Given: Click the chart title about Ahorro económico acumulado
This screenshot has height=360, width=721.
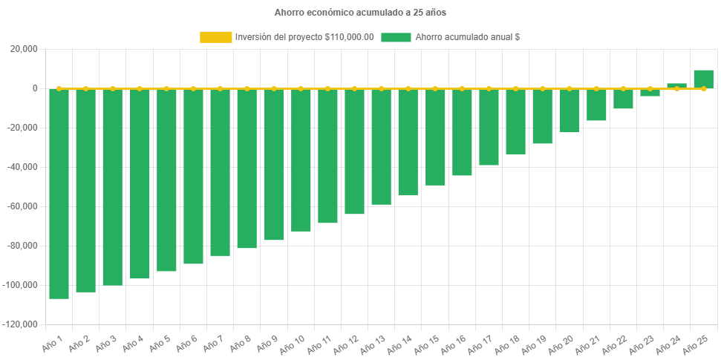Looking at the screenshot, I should coord(360,13).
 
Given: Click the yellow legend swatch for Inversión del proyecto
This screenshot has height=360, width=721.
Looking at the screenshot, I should coord(215,37).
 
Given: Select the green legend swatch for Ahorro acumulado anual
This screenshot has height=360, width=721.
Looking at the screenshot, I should coord(396,37).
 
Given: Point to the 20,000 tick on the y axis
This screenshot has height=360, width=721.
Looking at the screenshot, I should coord(25,49).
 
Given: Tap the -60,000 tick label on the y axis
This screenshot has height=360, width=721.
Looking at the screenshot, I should coord(22,206).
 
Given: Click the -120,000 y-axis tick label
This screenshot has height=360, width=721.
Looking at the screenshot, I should coord(21,324).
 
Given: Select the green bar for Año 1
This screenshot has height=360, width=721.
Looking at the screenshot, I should coord(59,193).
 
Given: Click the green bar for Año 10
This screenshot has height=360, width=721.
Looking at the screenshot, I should coord(301,160).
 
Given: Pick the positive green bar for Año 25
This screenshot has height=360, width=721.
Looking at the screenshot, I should coord(703,79).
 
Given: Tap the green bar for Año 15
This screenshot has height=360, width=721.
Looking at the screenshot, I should coord(435,137).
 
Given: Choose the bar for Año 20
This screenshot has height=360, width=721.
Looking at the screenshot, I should coord(570,111).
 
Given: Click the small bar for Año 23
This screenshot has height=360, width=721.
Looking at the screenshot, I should coord(650,93).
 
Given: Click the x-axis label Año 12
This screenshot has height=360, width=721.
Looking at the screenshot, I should coord(348,345).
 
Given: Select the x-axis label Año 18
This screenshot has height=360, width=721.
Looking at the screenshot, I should coord(509,345).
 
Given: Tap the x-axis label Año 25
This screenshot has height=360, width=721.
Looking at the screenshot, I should coord(697,345).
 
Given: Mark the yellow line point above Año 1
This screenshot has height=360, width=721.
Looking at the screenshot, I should coord(59,88).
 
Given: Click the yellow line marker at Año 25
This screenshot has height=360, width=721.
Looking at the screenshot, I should coord(703,88).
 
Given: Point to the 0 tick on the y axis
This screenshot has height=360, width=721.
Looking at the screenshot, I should coord(35,88).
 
